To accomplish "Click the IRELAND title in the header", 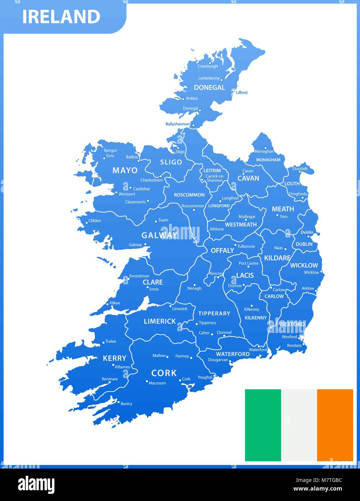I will (x=61, y=17).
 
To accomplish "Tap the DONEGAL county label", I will (x=209, y=88).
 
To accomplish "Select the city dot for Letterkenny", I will (x=222, y=80).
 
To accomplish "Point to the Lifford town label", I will (x=241, y=93).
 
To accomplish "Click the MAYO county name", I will (x=125, y=170).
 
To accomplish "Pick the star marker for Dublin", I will (x=308, y=236).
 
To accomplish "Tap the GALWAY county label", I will (x=160, y=235).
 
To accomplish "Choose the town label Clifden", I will (x=95, y=221).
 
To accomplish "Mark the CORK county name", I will (x=164, y=373).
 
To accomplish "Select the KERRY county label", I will (x=115, y=358).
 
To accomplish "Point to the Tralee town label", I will (x=111, y=341).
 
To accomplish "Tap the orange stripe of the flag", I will (x=335, y=425).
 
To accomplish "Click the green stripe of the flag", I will (x=263, y=425).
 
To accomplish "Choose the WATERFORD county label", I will (x=233, y=354).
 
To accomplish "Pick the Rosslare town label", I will (x=294, y=345).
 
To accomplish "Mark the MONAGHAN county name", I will (x=268, y=160).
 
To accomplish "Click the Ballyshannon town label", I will (x=177, y=124).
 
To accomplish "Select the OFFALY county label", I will (x=222, y=250).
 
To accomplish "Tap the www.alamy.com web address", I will (x=317, y=489).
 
